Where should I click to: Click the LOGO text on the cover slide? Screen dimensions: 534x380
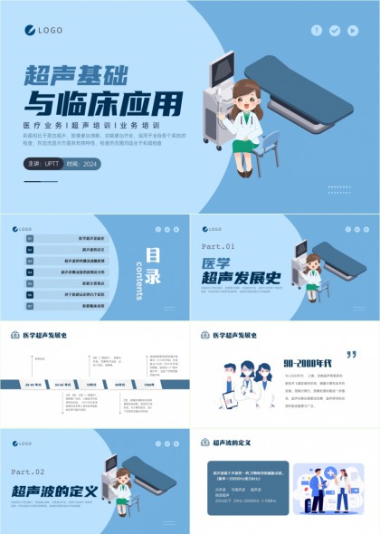(50, 30)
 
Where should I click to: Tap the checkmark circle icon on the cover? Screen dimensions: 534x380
(335, 30)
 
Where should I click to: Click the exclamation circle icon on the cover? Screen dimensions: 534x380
(317, 30)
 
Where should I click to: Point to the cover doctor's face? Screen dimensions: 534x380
(245, 97)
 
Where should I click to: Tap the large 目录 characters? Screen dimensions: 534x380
(155, 264)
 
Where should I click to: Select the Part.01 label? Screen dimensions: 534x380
(217, 246)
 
